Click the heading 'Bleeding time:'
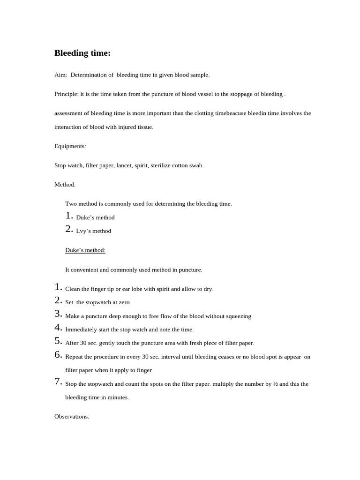click(82, 53)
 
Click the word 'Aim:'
click(60, 75)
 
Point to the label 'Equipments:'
click(70, 146)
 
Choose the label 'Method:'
click(65, 185)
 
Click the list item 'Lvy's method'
click(93, 231)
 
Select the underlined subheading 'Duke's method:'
click(85, 250)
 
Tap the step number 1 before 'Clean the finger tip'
click(58, 287)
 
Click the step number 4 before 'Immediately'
click(58, 328)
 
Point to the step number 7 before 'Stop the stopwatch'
click(58, 382)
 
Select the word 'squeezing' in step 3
click(240, 316)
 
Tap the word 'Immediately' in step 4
click(82, 330)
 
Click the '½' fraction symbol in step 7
click(275, 384)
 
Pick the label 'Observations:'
click(72, 417)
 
